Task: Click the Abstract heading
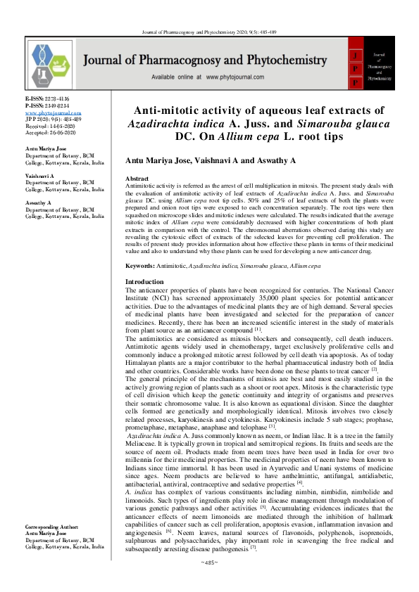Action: click(x=137, y=179)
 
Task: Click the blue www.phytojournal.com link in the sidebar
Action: click(x=53, y=112)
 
